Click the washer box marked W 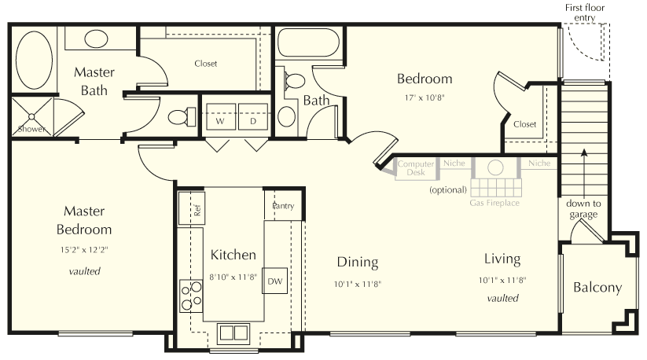tap(220, 121)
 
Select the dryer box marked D tap(253, 121)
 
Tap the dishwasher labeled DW tap(274, 281)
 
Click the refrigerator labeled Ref tap(192, 208)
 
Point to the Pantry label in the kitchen tap(283, 206)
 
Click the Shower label tap(31, 128)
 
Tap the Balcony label tap(597, 288)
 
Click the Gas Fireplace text tap(494, 203)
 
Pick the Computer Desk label tap(416, 167)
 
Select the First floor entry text tap(586, 12)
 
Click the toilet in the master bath tap(179, 117)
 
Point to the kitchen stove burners tap(190, 296)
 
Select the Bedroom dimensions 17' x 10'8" tap(424, 97)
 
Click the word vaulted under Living tap(502, 298)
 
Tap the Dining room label tap(358, 263)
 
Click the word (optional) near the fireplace tap(447, 190)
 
